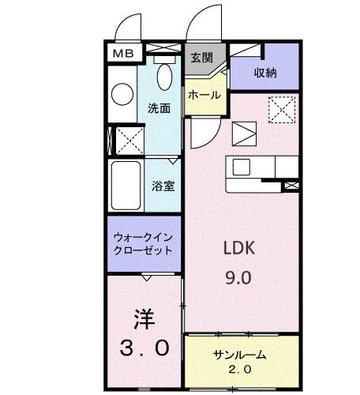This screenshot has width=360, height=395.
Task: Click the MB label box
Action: pos(123,54)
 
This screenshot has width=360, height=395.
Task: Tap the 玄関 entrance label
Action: pos(201,57)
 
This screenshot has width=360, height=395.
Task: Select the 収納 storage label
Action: pos(264,73)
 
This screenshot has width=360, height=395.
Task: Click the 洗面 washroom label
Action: pos(159,108)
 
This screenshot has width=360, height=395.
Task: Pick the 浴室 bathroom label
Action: pos(163,186)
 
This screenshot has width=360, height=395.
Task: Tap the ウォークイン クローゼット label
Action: pos(144,243)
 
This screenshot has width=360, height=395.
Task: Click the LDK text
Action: pos(239,246)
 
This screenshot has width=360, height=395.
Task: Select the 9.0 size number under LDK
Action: pos(239,277)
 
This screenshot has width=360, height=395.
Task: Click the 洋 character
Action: pos(144,320)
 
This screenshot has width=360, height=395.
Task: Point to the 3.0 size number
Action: pos(143,348)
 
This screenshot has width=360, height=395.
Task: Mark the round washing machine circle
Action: pos(122,95)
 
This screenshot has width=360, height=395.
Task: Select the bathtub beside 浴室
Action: pos(126,185)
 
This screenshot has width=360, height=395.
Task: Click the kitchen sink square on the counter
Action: pos(241,167)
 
